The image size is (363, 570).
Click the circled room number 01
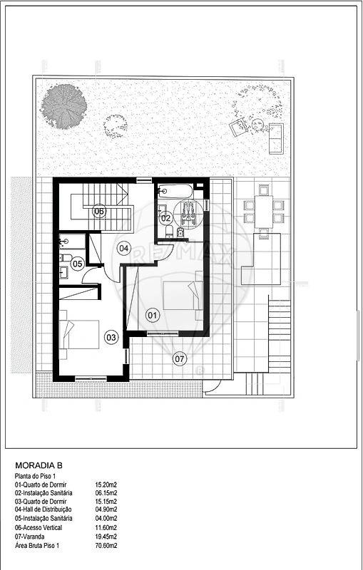click(x=153, y=315)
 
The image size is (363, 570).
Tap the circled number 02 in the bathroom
click(x=165, y=218)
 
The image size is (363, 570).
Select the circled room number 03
click(x=111, y=338)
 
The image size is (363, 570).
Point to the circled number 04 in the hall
click(x=123, y=249)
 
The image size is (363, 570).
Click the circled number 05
click(x=77, y=264)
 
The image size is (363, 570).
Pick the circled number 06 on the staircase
click(x=99, y=211)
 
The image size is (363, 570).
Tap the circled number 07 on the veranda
click(x=179, y=360)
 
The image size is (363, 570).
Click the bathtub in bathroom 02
click(x=175, y=190)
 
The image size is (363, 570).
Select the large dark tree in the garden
click(x=63, y=106)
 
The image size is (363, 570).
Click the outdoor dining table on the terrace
click(x=264, y=212)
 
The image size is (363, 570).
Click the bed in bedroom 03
click(x=79, y=334)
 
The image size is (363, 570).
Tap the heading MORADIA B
click(x=39, y=465)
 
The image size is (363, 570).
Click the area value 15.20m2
click(x=106, y=484)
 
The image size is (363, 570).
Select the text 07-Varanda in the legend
click(x=29, y=537)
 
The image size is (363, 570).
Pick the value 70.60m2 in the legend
click(x=106, y=545)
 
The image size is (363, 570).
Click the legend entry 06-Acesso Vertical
click(x=39, y=527)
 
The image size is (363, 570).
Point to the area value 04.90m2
click(x=106, y=509)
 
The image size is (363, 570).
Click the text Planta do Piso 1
click(x=34, y=476)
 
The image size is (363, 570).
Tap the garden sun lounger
click(x=276, y=138)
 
